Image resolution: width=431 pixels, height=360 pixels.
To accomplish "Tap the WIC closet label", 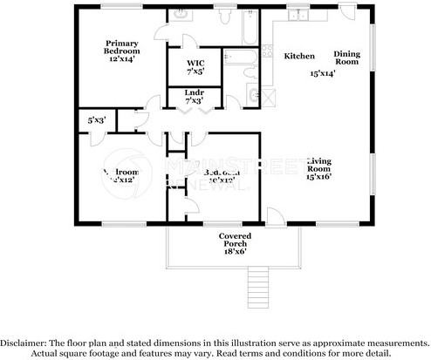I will (x=195, y=62).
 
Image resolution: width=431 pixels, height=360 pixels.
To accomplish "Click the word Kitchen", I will (x=299, y=56).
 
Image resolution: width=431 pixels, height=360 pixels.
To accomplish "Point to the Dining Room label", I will (x=347, y=58).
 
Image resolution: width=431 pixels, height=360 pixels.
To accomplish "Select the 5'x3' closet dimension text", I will (x=95, y=120).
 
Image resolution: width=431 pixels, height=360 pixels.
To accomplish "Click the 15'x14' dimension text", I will (x=322, y=74).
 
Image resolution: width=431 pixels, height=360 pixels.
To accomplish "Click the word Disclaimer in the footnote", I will (x=29, y=343).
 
